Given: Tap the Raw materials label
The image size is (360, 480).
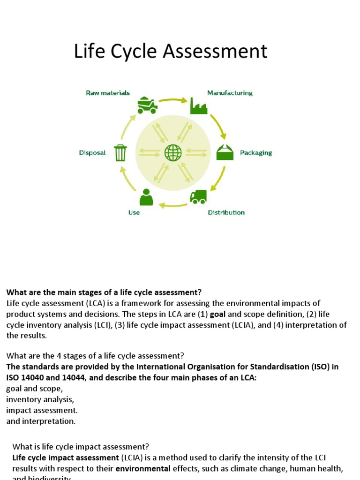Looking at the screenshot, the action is (108, 93).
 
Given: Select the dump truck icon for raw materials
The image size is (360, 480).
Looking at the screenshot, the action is (147, 105).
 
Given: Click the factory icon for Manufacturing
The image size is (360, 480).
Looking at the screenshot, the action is (198, 105).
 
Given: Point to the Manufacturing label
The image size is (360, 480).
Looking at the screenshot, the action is (230, 93).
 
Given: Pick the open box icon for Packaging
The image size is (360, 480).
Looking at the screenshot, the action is (225, 152).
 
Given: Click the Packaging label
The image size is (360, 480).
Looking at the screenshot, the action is (256, 153).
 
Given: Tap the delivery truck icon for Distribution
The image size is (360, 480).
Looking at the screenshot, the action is (198, 197).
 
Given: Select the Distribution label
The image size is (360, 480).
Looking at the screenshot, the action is (226, 212).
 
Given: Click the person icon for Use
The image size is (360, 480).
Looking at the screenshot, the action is (146, 197).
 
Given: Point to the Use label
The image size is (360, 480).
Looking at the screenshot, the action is (134, 212).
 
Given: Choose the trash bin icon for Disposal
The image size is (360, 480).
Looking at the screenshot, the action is (120, 153).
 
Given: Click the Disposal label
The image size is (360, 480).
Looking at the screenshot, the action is (92, 153).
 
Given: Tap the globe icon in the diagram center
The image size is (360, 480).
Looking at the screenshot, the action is (173, 152).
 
